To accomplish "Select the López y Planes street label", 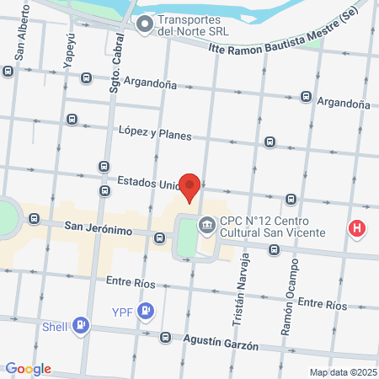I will (155, 133).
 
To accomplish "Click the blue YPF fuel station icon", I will (147, 312).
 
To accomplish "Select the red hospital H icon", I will (358, 227).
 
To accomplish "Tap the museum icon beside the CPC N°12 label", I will (206, 225).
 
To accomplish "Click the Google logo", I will (28, 369).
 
